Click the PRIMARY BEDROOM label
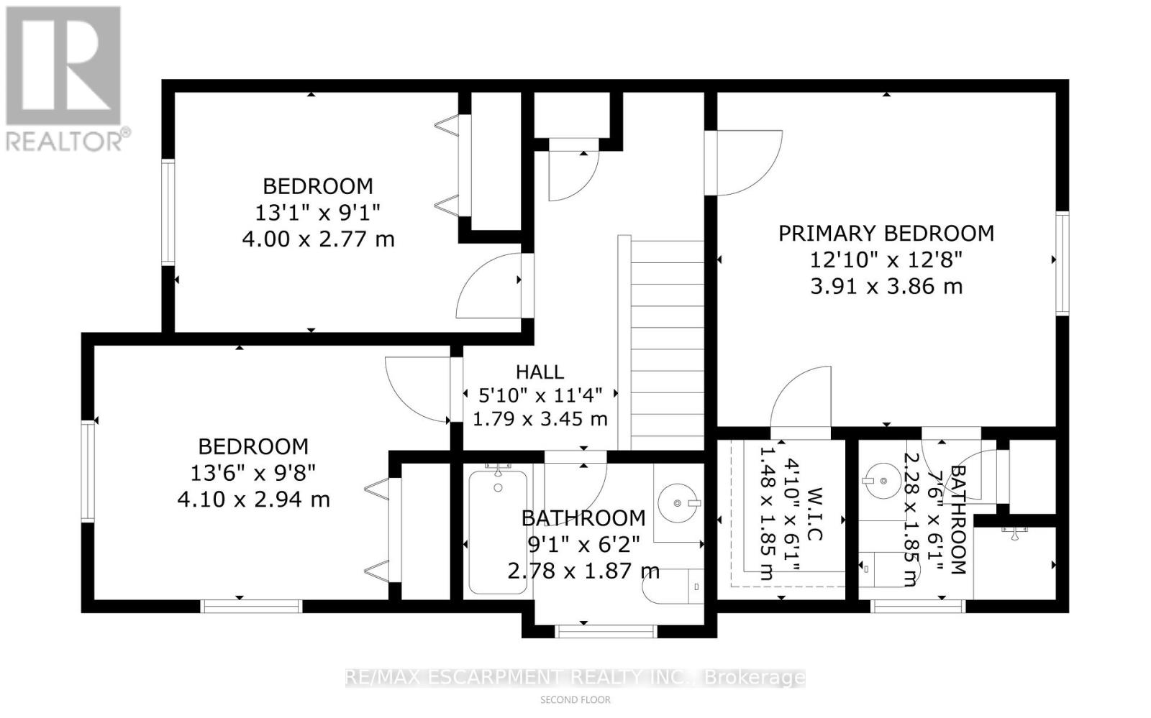tap(886, 234)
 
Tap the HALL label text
tap(540, 372)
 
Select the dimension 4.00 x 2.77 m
tap(318, 239)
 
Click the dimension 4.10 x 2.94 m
tap(253, 499)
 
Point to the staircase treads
tap(667, 345)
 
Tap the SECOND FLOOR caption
tap(575, 699)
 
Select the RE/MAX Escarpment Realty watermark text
tap(575, 677)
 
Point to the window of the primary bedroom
tap(1062, 262)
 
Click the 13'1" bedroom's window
tap(168, 212)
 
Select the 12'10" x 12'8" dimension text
tap(886, 259)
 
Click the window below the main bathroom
tap(606, 631)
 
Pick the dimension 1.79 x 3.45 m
tap(540, 418)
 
